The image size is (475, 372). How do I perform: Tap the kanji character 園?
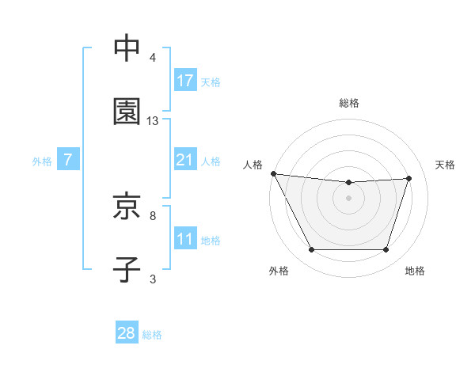click(127, 112)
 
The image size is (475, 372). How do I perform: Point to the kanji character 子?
click(127, 269)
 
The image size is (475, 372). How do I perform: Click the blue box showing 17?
click(185, 80)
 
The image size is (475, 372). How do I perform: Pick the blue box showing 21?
click(185, 160)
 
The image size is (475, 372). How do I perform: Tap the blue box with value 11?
click(185, 239)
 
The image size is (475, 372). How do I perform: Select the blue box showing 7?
click(68, 160)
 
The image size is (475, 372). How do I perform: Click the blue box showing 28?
click(127, 333)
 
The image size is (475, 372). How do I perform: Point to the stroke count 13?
click(153, 121)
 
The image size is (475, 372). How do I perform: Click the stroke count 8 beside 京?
click(153, 215)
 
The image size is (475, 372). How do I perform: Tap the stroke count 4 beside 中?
click(153, 58)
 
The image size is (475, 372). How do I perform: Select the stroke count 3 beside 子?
click(153, 279)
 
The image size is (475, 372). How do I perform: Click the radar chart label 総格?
click(349, 103)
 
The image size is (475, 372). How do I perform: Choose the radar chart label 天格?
click(445, 165)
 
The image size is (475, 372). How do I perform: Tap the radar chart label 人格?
click(253, 165)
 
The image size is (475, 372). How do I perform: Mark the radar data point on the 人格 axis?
click(273, 173)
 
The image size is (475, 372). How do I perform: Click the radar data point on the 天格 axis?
click(409, 178)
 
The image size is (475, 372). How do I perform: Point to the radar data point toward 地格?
click(386, 250)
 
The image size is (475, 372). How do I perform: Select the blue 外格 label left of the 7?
click(42, 161)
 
